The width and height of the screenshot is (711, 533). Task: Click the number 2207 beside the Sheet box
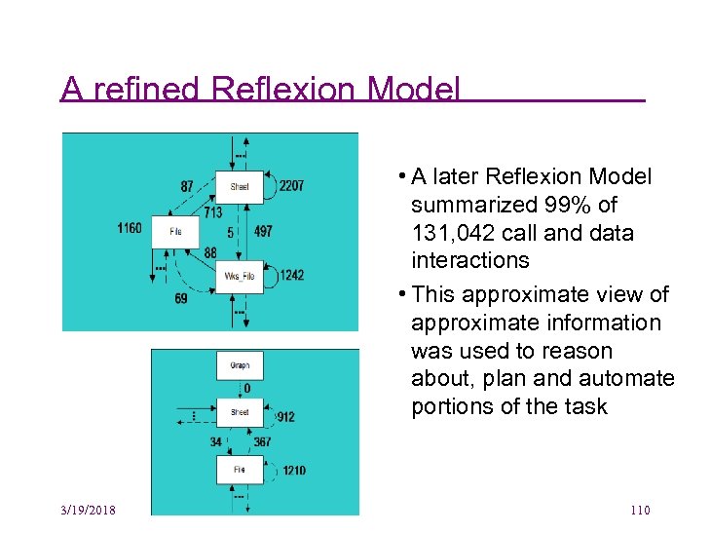click(291, 185)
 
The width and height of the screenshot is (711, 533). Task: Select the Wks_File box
click(239, 276)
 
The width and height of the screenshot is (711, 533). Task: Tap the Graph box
click(240, 365)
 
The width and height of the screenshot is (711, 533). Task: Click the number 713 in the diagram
click(212, 211)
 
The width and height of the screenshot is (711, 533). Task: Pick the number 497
click(263, 232)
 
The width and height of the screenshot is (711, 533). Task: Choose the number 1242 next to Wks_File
click(291, 275)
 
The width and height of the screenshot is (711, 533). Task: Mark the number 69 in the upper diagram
click(181, 298)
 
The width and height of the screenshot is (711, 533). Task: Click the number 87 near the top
click(186, 185)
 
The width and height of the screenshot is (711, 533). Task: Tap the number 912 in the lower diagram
click(285, 417)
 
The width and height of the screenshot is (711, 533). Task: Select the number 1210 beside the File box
click(293, 471)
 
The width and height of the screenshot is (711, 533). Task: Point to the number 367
click(262, 441)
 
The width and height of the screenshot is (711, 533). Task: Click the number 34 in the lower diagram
click(216, 441)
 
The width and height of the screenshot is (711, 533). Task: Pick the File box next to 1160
click(175, 231)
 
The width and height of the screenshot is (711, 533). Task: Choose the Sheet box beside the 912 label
click(240, 412)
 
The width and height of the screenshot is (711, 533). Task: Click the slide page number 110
click(640, 512)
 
